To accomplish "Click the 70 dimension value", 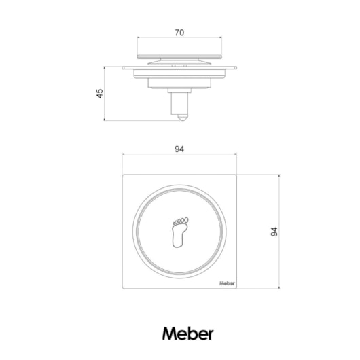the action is click(x=179, y=33).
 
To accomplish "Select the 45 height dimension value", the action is click(x=100, y=94).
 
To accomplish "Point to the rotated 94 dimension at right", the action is click(x=274, y=232).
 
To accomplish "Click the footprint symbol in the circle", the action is click(x=180, y=232).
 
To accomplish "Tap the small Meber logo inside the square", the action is click(x=227, y=283).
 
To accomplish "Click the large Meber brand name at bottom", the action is click(x=188, y=334).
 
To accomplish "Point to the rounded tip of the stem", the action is click(x=182, y=118).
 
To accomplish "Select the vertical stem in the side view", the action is click(x=179, y=103).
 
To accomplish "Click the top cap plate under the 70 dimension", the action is click(x=179, y=56).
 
